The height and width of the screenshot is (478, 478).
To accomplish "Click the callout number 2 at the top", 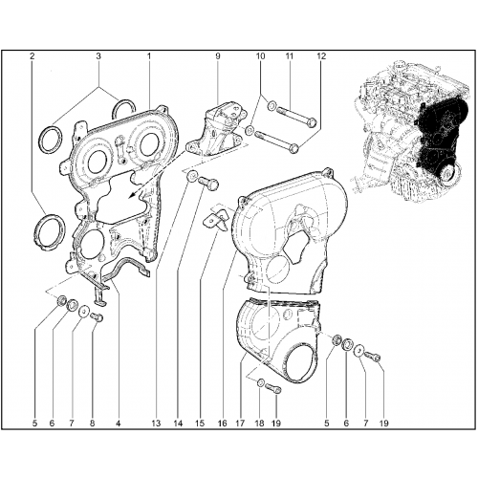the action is click(32, 56).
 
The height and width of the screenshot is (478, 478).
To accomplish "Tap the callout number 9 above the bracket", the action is click(218, 56).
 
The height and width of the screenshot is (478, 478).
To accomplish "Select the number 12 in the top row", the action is click(321, 56).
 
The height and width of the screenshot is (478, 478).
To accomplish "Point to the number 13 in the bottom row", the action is click(156, 424).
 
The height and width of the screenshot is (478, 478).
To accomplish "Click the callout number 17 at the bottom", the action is click(240, 424).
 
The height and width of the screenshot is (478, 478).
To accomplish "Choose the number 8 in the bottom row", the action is click(92, 424).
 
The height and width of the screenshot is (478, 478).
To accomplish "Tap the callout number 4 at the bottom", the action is click(118, 424).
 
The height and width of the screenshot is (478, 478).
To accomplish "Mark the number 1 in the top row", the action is click(149, 56).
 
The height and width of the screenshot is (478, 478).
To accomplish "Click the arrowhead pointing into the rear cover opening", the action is click(133, 195).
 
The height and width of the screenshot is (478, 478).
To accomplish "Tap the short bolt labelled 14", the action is click(208, 185).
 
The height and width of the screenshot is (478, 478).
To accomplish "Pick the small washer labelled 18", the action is click(260, 382).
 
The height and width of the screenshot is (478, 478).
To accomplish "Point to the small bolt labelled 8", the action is click(97, 317).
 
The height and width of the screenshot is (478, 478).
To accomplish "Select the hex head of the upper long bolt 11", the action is click(313, 122).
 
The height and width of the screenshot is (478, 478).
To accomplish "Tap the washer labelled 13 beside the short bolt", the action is click(192, 176).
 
